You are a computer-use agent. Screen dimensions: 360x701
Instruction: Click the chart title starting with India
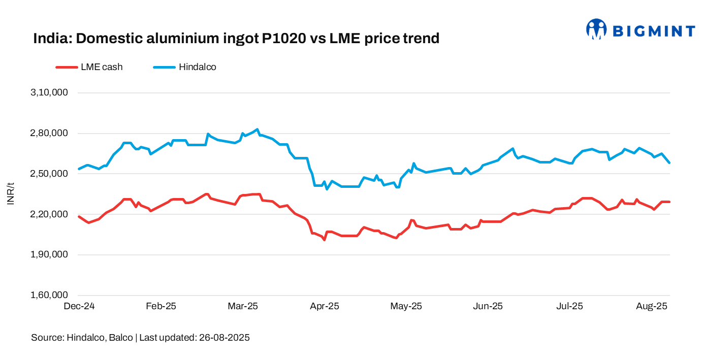[236, 38]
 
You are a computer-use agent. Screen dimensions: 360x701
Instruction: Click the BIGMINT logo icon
[596, 29]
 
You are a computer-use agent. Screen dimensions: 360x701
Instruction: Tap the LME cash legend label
[102, 67]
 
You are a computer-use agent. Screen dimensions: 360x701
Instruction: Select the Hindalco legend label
[198, 67]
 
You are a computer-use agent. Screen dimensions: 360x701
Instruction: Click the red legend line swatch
[66, 67]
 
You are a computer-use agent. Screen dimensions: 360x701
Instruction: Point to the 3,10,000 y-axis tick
[50, 93]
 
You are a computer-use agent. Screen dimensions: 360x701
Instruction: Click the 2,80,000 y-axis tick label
[50, 134]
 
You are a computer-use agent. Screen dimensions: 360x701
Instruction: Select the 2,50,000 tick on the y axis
[50, 174]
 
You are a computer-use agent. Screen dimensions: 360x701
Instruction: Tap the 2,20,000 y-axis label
[50, 214]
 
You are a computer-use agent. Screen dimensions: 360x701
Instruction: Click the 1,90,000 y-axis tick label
[50, 255]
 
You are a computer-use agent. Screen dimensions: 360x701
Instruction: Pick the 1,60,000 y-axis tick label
[50, 296]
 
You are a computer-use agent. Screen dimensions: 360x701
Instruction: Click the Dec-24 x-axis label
[79, 307]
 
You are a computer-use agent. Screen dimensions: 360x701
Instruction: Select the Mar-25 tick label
[243, 307]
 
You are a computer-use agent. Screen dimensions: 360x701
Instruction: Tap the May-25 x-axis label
[406, 307]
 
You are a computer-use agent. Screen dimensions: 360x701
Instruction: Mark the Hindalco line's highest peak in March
[258, 129]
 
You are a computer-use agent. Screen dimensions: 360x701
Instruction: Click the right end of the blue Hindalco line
[669, 162]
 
